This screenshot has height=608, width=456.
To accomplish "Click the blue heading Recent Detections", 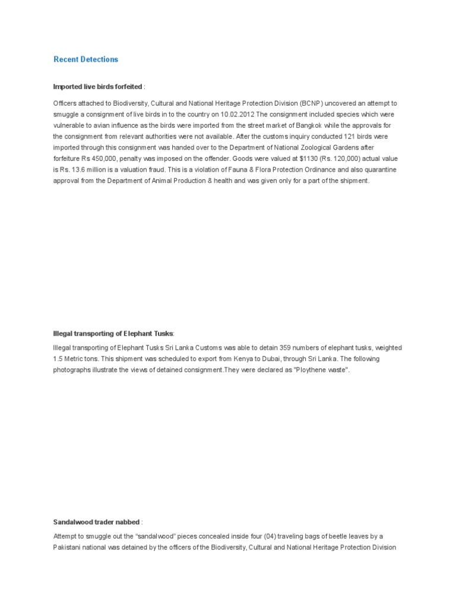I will tap(85, 59).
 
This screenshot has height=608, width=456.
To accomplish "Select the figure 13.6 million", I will tap(87, 170).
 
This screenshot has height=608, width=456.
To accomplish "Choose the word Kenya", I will tap(208, 359).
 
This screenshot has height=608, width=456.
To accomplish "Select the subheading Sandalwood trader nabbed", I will tap(96, 522).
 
